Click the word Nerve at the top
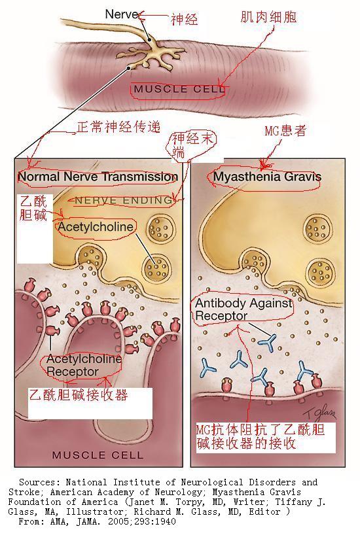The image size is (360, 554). click(122, 14)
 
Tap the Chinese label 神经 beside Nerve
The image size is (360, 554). click(184, 19)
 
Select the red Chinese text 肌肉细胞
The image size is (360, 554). click(268, 16)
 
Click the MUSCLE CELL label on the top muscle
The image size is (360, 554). click(179, 89)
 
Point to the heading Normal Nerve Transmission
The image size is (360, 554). click(98, 177)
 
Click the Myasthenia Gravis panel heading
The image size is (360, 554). click(267, 177)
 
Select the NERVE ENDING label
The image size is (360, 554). click(124, 200)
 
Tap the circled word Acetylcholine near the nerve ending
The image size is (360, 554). click(96, 227)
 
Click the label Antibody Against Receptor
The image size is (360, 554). click(243, 309)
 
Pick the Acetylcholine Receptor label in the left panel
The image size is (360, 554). click(84, 366)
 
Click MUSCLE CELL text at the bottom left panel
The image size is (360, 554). click(98, 455)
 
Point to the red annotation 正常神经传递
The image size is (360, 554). click(118, 126)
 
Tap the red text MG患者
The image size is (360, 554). click(285, 131)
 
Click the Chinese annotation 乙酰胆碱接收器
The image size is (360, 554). click(78, 394)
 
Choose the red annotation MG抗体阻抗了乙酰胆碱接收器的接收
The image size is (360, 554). click(261, 437)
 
